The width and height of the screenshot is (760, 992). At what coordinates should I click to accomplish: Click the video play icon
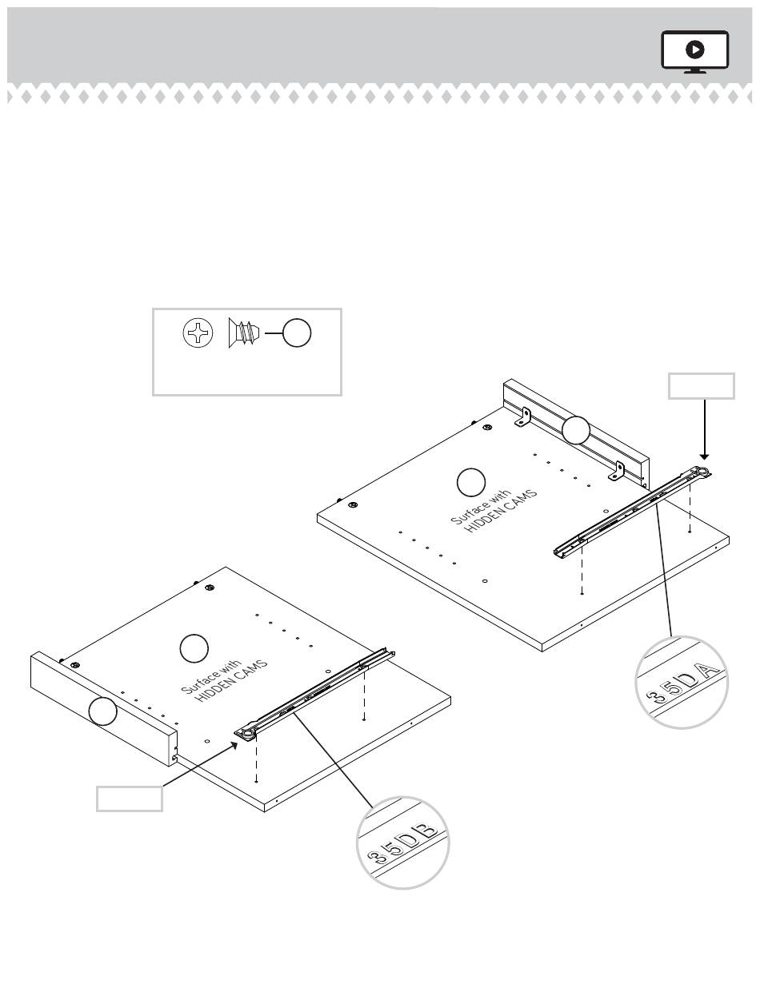click(x=694, y=51)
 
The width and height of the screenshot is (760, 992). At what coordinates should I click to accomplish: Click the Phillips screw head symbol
click(x=198, y=333)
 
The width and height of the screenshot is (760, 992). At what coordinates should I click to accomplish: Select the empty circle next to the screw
click(x=297, y=333)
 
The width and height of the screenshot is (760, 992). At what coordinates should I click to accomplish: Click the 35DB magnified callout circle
click(x=402, y=842)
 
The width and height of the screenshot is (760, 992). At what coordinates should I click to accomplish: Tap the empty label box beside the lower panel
click(x=130, y=799)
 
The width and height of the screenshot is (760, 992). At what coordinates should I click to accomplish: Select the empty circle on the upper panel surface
click(x=470, y=482)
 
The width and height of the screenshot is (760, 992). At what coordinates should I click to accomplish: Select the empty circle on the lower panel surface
click(x=193, y=647)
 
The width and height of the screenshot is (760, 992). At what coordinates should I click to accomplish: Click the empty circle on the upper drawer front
click(x=575, y=430)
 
